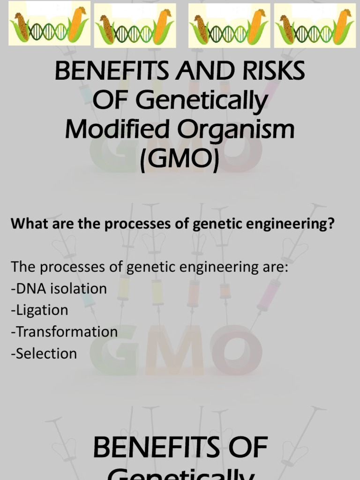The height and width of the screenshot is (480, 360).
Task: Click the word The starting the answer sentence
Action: (x=23, y=267)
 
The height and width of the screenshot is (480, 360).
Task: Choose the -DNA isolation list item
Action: (x=59, y=288)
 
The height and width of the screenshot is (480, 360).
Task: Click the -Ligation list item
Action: (x=39, y=310)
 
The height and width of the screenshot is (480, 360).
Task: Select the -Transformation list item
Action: (x=64, y=332)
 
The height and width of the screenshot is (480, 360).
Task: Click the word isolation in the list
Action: (x=79, y=288)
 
